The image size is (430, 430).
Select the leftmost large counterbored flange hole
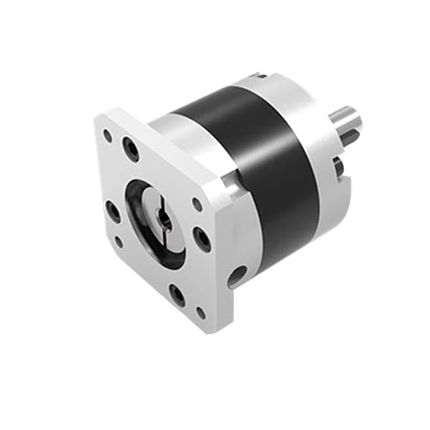[113, 210]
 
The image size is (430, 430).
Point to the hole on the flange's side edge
[236, 276]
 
